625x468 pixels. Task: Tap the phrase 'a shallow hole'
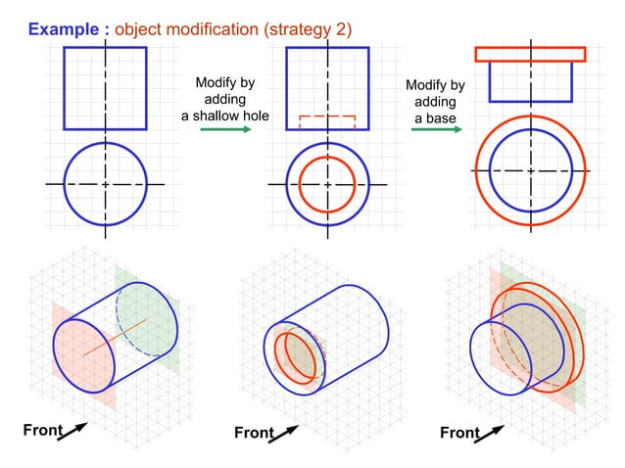click(x=225, y=117)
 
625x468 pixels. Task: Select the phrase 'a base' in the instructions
click(x=434, y=118)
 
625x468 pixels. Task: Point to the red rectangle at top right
click(x=529, y=54)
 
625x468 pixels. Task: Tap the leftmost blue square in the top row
click(x=105, y=88)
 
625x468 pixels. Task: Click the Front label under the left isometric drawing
click(x=43, y=429)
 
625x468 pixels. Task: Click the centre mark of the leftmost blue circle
click(x=105, y=183)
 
